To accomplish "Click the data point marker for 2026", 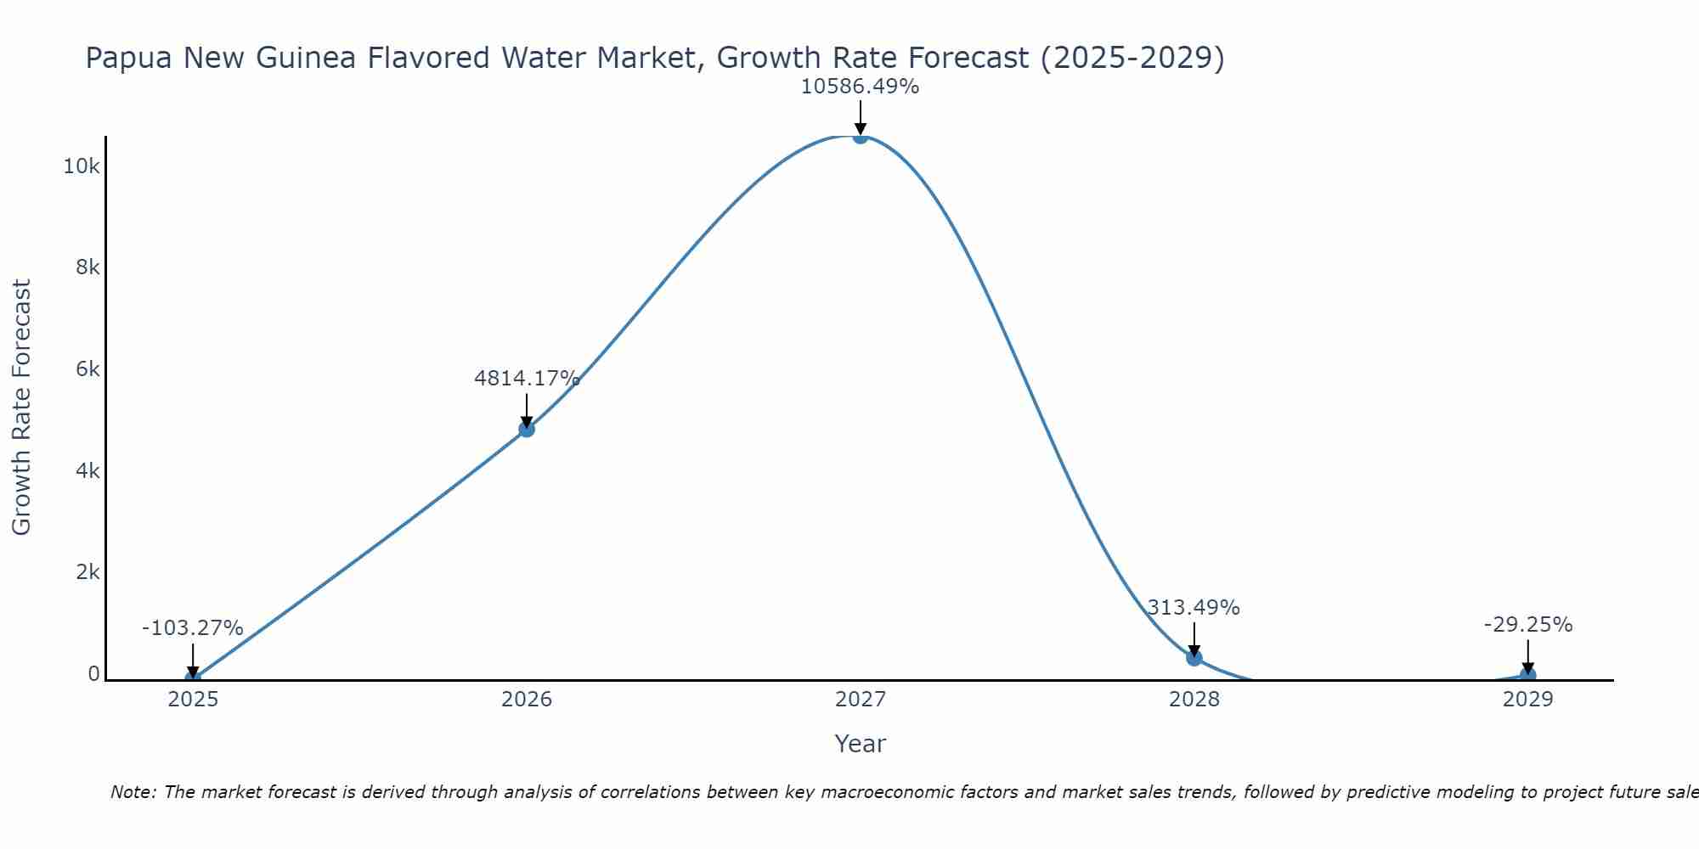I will point(527,430).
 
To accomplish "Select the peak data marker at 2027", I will point(861,136).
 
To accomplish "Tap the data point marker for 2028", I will point(1194,657).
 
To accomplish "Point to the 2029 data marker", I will point(1527,676).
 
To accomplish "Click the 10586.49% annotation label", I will point(860,87).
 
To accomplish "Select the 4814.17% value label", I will point(527,379).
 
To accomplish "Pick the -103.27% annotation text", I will point(193,628).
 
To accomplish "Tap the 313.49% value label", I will point(1194,608).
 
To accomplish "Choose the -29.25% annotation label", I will point(1528,625).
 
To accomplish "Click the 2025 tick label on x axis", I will point(193,700).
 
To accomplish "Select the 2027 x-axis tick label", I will point(861,700).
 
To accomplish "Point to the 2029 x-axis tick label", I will point(1527,700).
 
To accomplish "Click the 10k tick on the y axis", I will point(82,166).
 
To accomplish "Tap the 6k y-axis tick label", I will point(87,369).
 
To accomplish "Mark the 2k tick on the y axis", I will point(87,572).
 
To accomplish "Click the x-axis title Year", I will point(860,744).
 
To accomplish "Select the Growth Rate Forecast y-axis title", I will point(21,408).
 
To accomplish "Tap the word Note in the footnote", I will point(133,792).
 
